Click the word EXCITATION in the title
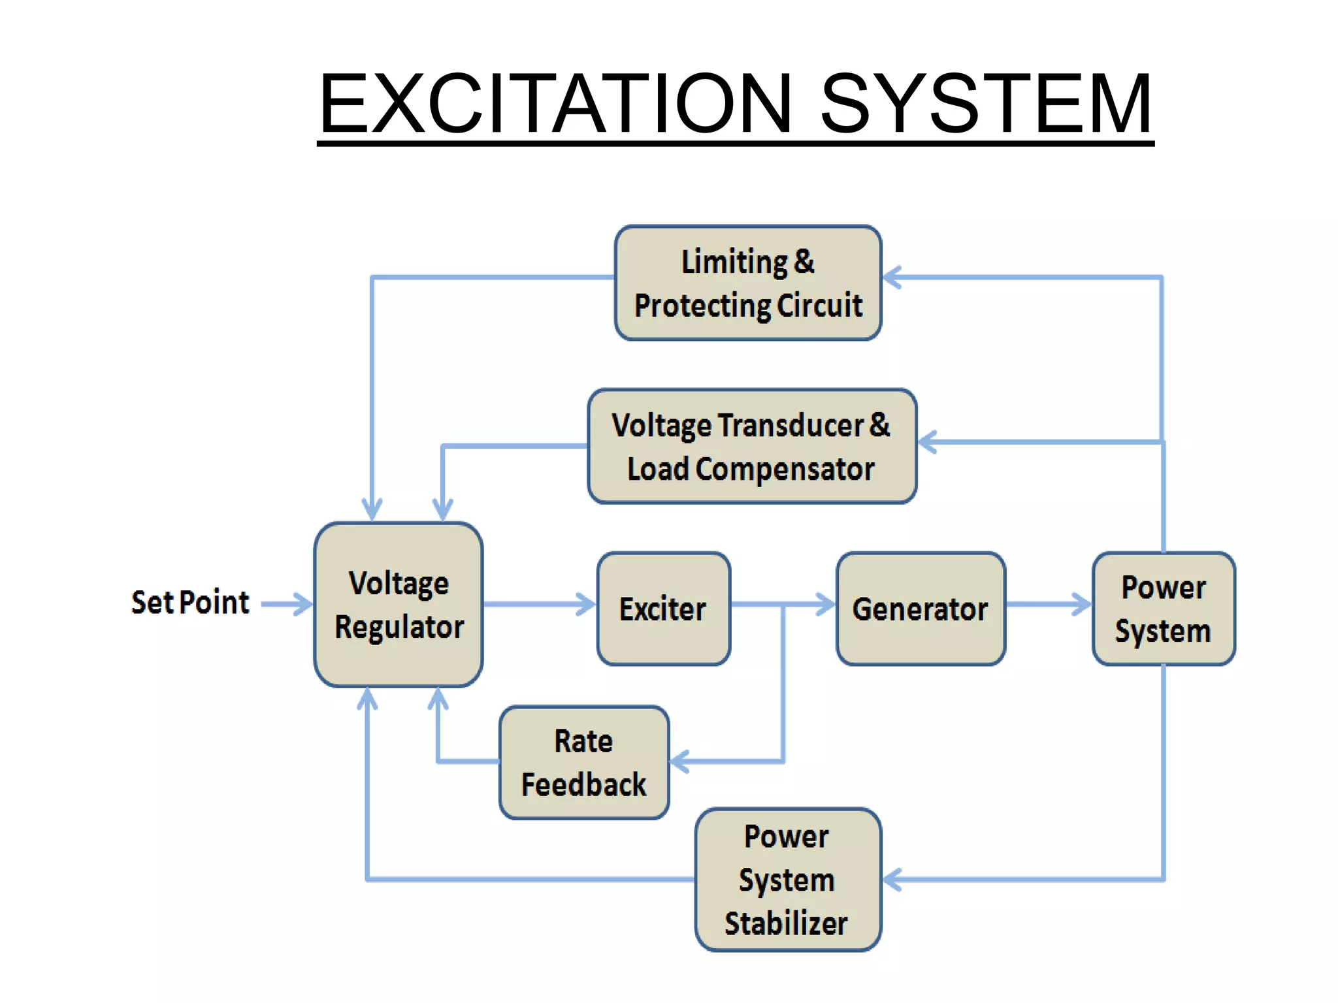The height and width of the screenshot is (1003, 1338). (555, 104)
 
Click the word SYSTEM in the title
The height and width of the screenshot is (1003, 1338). (987, 104)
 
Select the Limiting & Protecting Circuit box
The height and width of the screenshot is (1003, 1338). (748, 283)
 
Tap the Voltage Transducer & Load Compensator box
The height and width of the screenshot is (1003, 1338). (752, 447)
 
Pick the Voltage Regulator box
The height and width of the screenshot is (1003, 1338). (399, 605)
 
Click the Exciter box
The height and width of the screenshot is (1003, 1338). (663, 609)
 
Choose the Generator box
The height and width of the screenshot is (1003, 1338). (921, 609)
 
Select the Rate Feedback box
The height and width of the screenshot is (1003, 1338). (584, 763)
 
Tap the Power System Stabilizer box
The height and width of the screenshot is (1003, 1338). (788, 880)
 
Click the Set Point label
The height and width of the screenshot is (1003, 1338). (190, 602)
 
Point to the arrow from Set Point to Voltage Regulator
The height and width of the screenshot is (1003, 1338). (287, 604)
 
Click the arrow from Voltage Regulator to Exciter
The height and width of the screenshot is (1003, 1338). (539, 604)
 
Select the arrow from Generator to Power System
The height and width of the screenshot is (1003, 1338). (1049, 604)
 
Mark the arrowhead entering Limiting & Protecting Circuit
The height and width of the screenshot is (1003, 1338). (892, 278)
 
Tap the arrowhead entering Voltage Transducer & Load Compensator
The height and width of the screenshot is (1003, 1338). (928, 442)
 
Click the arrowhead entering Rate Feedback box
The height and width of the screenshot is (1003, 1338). (680, 761)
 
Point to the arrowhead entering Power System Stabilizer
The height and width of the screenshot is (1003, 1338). (892, 880)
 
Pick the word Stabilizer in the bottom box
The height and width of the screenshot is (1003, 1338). (786, 923)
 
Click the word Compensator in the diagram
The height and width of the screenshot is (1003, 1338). (785, 469)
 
